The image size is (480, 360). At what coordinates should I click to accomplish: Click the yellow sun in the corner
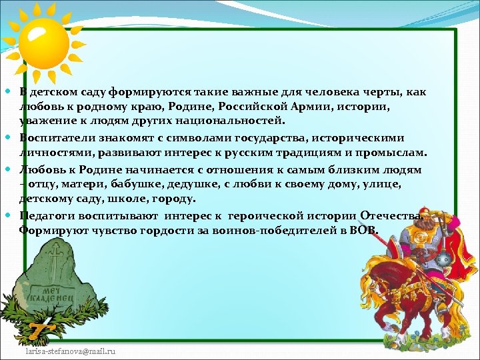tap(43, 40)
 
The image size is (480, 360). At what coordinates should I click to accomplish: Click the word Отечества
tap(391, 215)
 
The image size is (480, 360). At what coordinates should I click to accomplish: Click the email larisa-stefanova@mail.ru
tap(71, 350)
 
